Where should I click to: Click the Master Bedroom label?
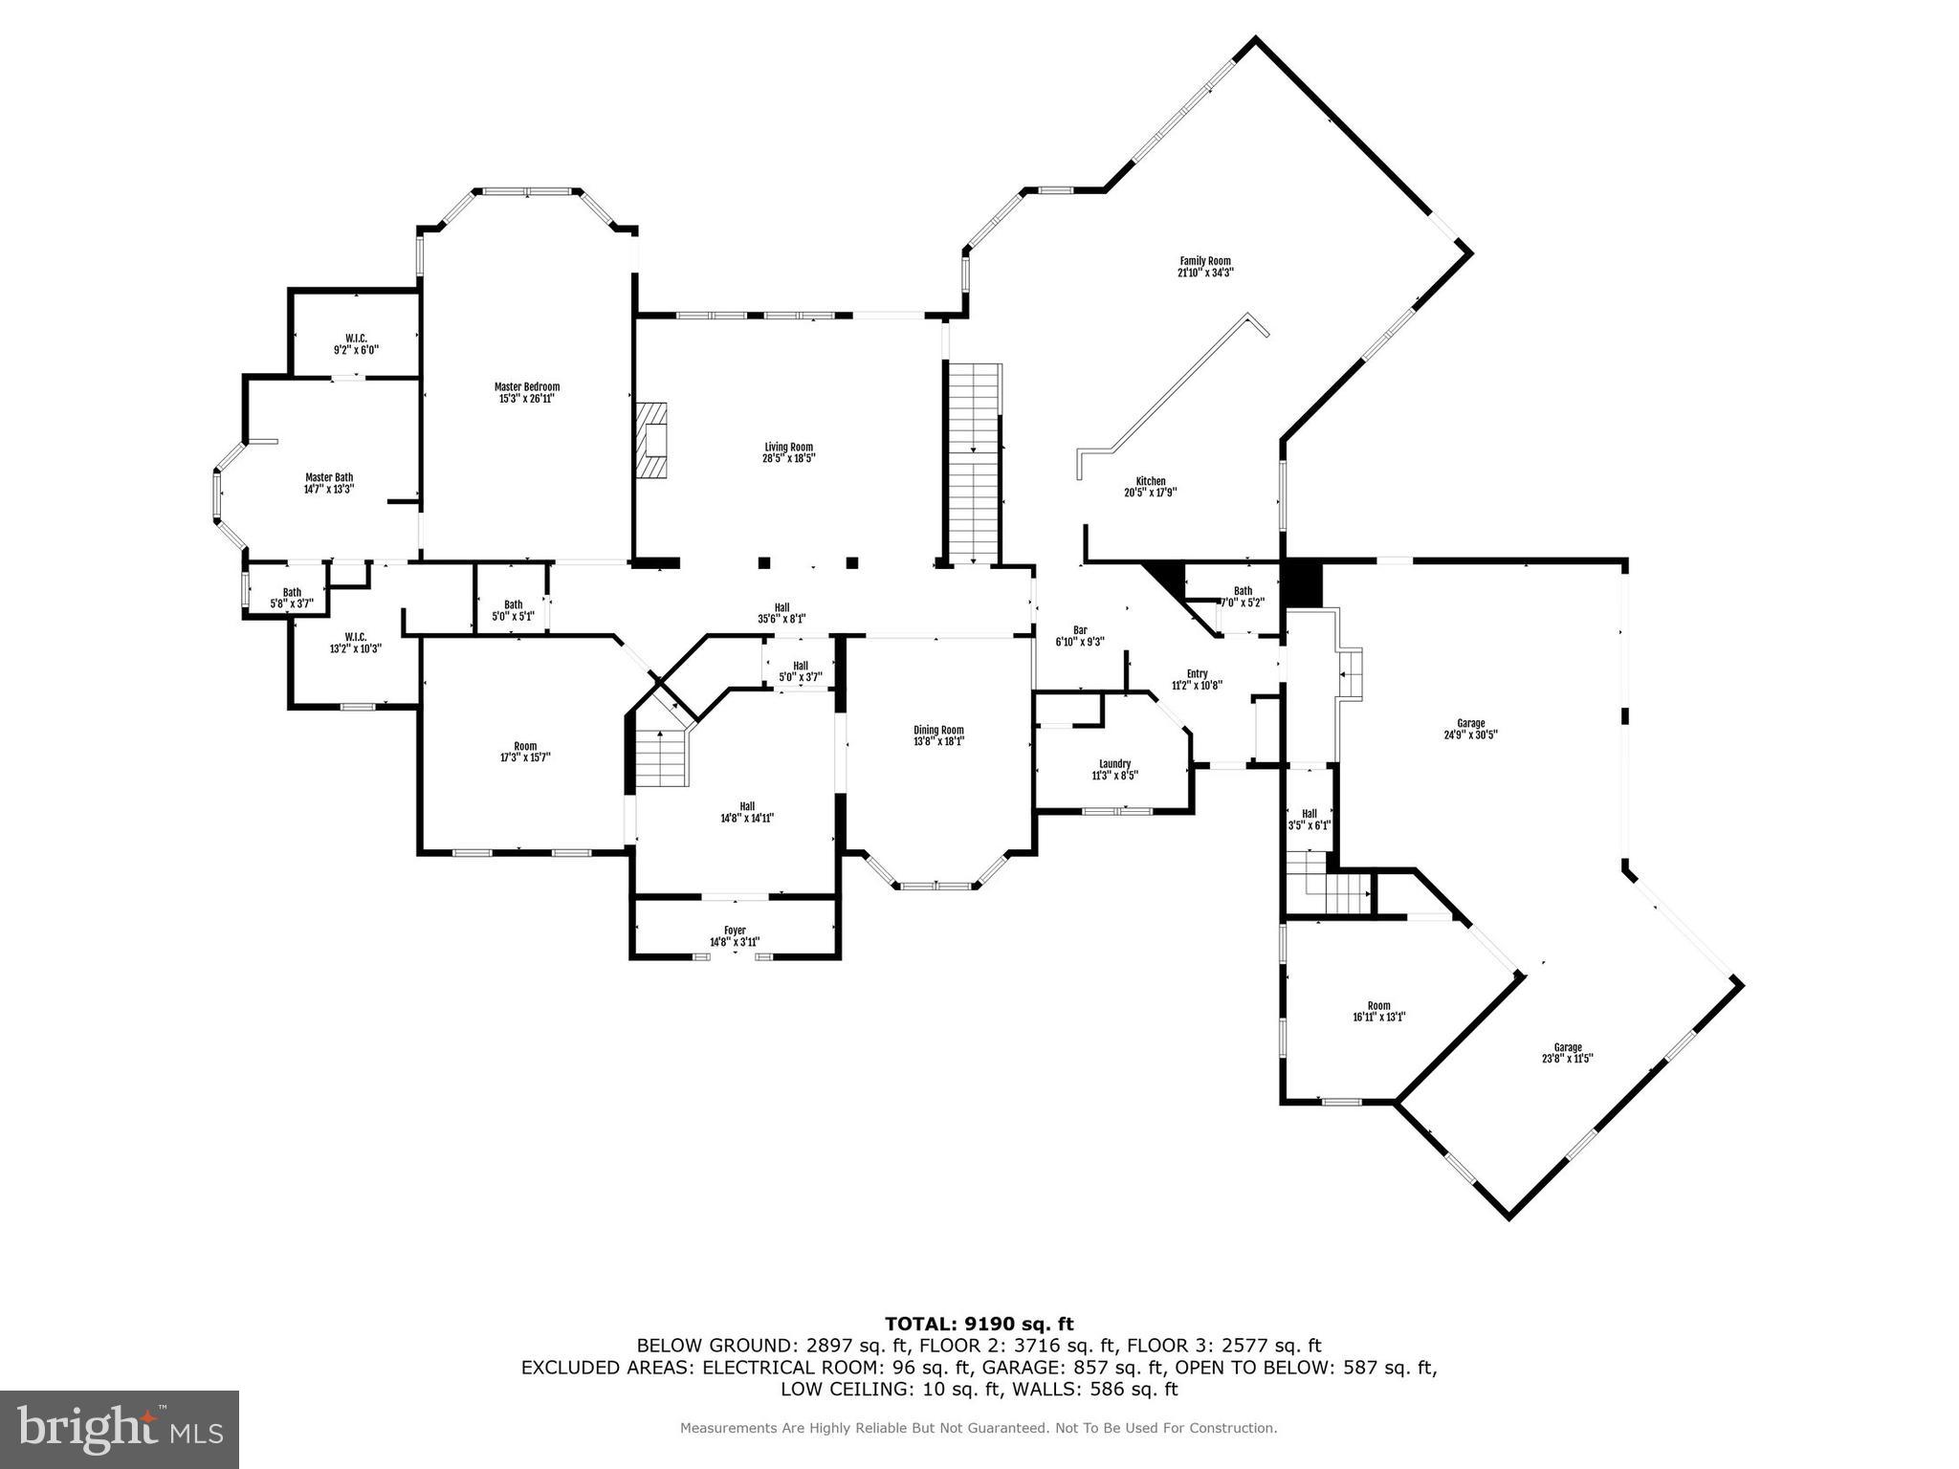click(x=526, y=387)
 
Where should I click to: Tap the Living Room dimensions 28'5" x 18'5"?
click(x=788, y=458)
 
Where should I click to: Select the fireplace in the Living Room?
click(x=653, y=440)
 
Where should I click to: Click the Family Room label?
click(x=1204, y=261)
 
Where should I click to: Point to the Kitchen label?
click(x=1151, y=481)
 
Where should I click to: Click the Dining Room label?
click(x=938, y=730)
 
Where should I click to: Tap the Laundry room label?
click(x=1114, y=764)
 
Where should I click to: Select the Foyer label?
click(x=735, y=931)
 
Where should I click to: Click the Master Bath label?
click(x=329, y=477)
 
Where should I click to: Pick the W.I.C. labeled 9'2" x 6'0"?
click(x=356, y=344)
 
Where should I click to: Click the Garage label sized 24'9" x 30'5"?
click(x=1470, y=724)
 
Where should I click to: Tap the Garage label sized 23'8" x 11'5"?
click(x=1567, y=1047)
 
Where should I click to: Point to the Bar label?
click(x=1080, y=630)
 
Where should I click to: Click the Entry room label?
click(x=1197, y=674)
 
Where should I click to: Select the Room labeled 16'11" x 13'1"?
click(x=1378, y=1006)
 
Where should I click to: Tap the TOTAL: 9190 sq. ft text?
click(x=979, y=1324)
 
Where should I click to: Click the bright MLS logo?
click(x=119, y=1429)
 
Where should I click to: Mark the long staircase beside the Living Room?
click(x=974, y=464)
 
